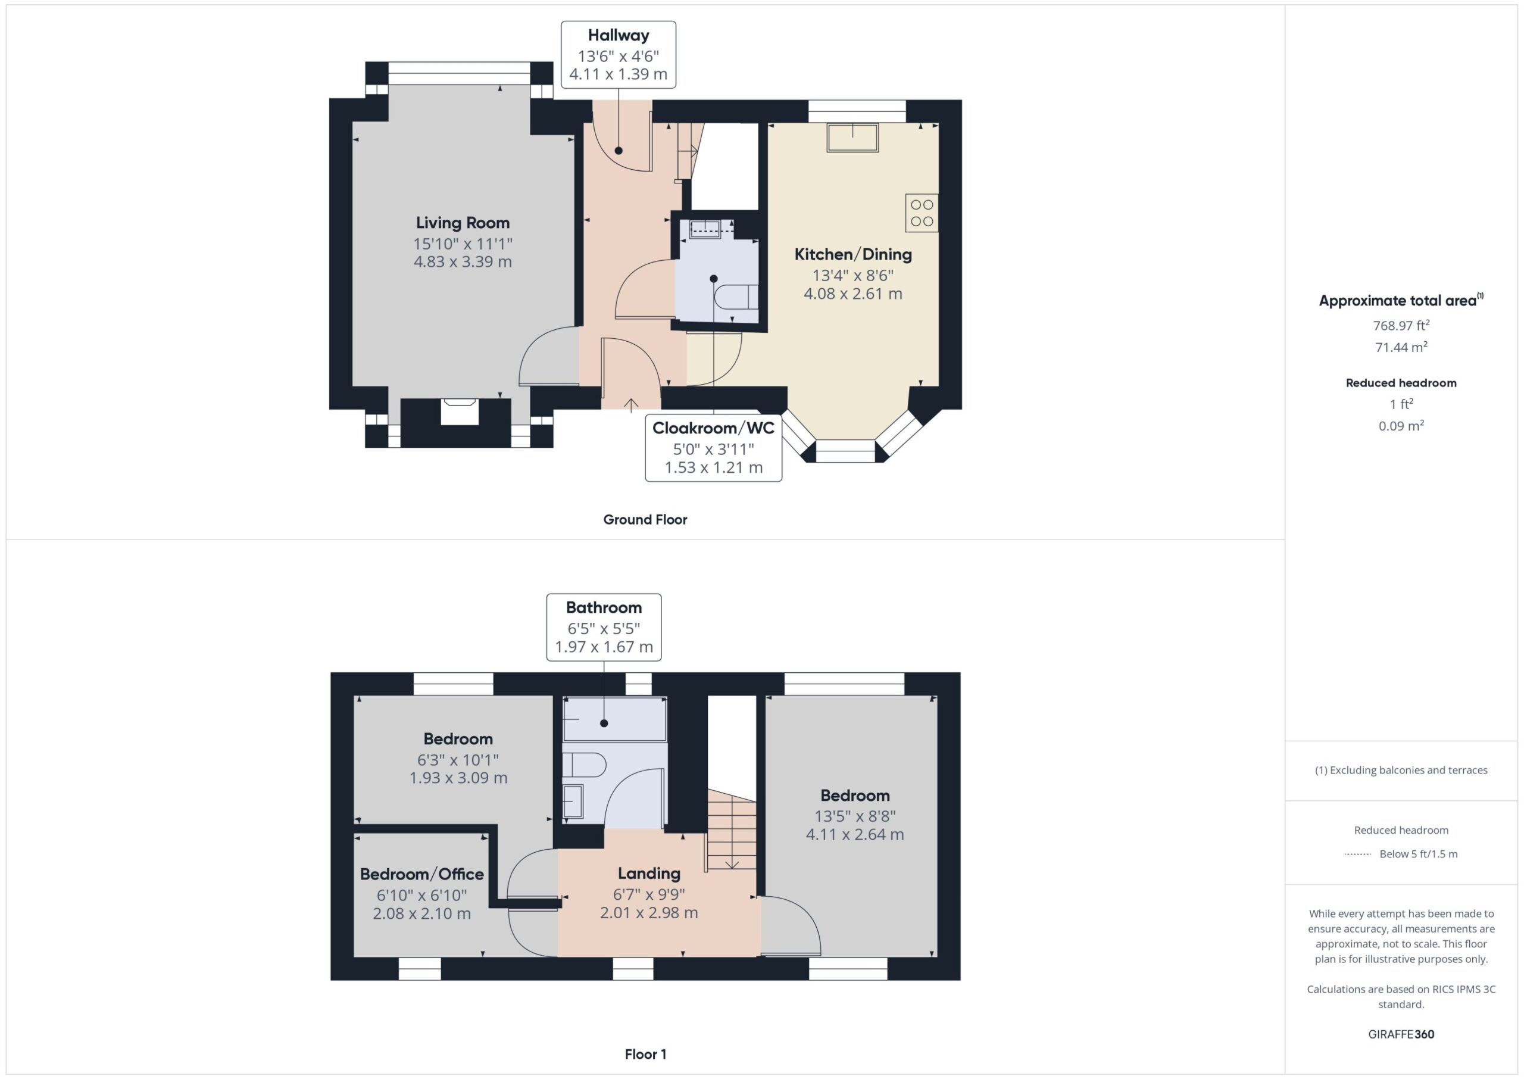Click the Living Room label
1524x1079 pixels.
coord(463,223)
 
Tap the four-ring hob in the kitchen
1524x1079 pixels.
coord(922,213)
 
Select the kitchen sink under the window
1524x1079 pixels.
coord(852,138)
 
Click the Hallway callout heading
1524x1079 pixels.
coord(619,36)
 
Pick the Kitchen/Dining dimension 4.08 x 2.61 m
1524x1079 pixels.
coord(852,294)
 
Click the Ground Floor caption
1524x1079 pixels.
coord(645,520)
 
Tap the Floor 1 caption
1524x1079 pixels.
coord(645,1054)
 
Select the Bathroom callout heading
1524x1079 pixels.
coord(604,607)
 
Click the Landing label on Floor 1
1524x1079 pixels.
coord(649,874)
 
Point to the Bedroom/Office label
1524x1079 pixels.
coord(421,874)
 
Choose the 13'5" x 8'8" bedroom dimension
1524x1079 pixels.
coord(855,816)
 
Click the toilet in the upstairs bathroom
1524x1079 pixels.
coord(585,765)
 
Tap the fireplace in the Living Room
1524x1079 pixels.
coord(460,411)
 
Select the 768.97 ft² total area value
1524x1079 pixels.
coord(1401,325)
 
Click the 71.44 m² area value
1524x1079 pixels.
coord(1401,347)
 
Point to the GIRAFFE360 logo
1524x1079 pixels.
coord(1401,1034)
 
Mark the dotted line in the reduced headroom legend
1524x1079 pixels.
coord(1358,855)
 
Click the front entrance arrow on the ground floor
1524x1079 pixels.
coord(631,404)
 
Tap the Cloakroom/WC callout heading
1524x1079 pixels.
coord(713,428)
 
